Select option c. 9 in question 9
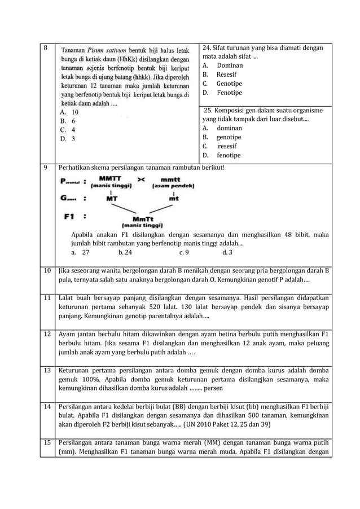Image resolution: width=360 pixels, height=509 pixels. click(183, 253)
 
